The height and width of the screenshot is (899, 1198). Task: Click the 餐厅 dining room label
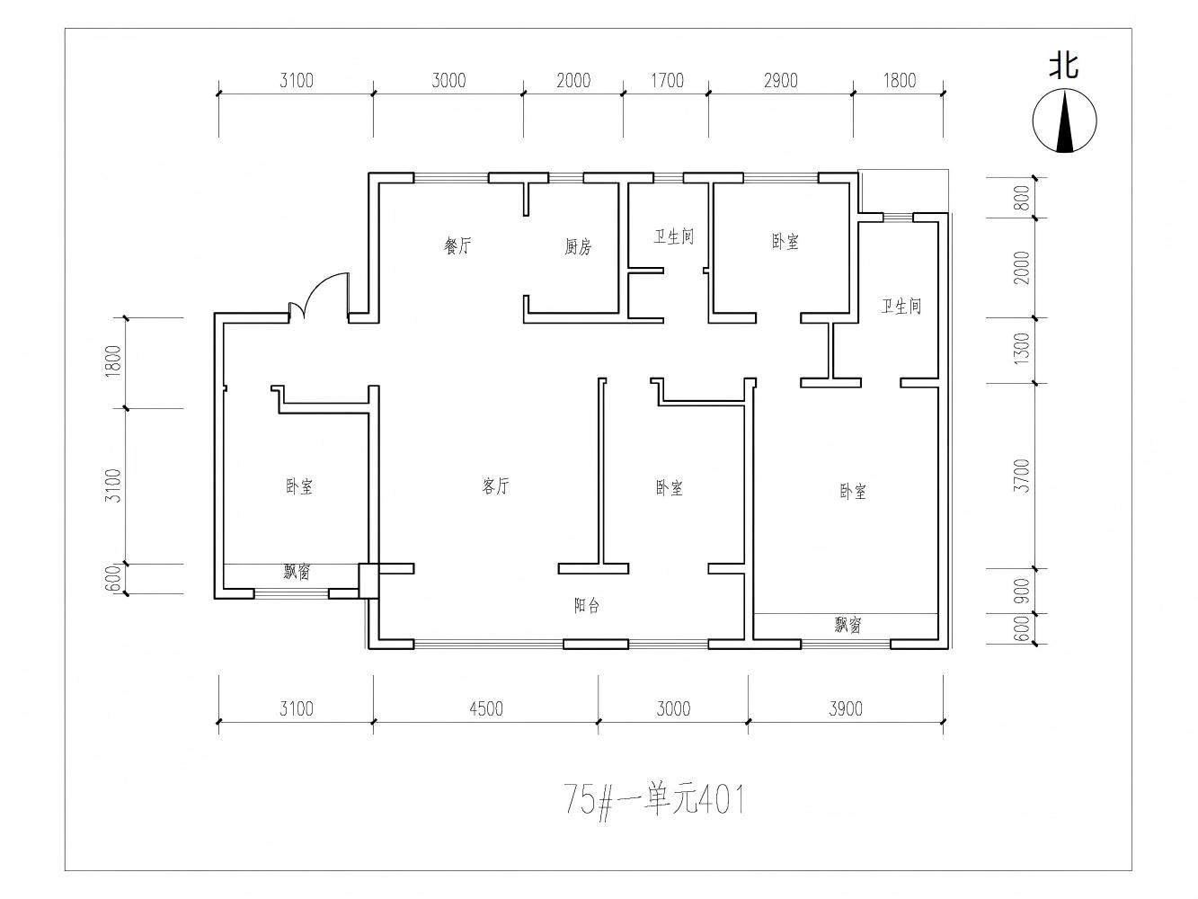(x=457, y=246)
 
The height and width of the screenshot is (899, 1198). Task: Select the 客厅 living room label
(x=496, y=487)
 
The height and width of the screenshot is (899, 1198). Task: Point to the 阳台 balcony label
(x=587, y=606)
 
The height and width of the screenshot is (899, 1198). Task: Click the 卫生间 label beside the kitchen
(x=673, y=237)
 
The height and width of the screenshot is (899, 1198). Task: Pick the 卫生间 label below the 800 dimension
(x=901, y=307)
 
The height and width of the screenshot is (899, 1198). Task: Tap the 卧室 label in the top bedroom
(x=785, y=242)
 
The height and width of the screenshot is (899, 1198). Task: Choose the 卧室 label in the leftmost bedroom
(x=299, y=487)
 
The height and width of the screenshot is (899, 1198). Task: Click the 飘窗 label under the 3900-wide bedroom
(x=847, y=626)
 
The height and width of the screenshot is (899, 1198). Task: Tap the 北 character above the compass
(x=1065, y=66)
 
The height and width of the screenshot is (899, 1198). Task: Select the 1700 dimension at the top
(x=666, y=81)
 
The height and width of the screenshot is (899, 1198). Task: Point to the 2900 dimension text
(x=780, y=81)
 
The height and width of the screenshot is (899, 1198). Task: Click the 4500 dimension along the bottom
(x=485, y=709)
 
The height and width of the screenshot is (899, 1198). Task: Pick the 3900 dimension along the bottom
(x=845, y=709)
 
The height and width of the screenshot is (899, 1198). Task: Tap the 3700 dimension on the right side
(x=1021, y=476)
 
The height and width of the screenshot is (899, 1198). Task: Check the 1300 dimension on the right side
(x=1021, y=350)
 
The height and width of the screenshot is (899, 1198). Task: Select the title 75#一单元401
(x=654, y=798)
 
